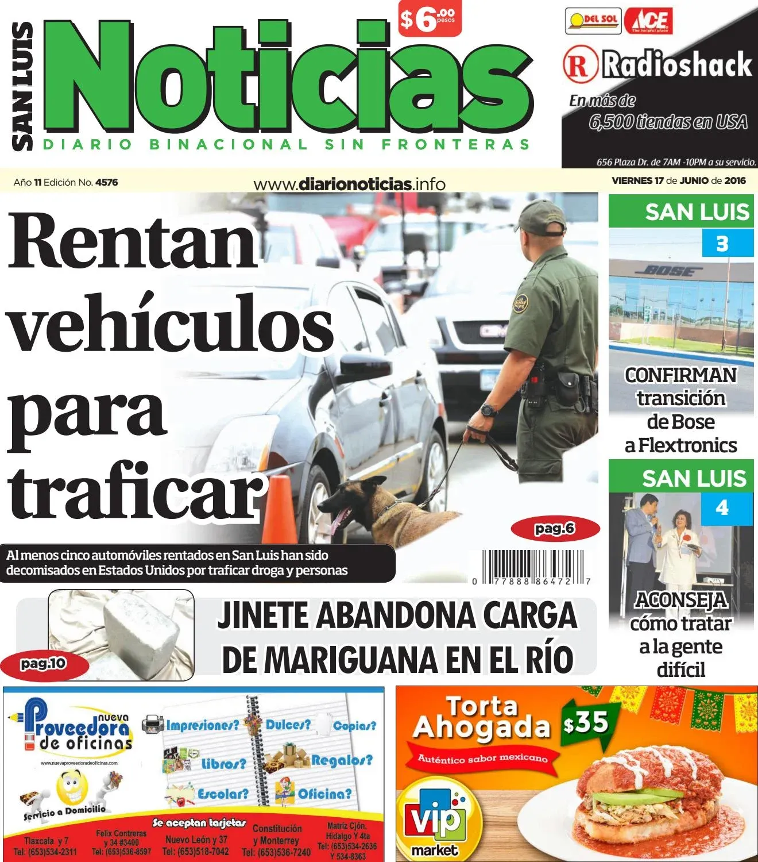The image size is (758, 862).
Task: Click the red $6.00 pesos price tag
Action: [x=430, y=20]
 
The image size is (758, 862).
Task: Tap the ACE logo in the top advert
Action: [x=648, y=21]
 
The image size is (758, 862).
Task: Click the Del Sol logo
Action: [x=593, y=21]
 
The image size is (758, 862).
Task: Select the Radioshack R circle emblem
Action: [x=579, y=64]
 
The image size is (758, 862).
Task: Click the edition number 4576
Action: [x=106, y=182]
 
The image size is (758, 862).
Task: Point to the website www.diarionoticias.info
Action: [x=349, y=184]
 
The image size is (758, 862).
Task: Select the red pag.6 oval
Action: [x=555, y=528]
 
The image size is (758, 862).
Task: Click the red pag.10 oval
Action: [x=44, y=664]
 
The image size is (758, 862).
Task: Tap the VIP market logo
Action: [x=434, y=821]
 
